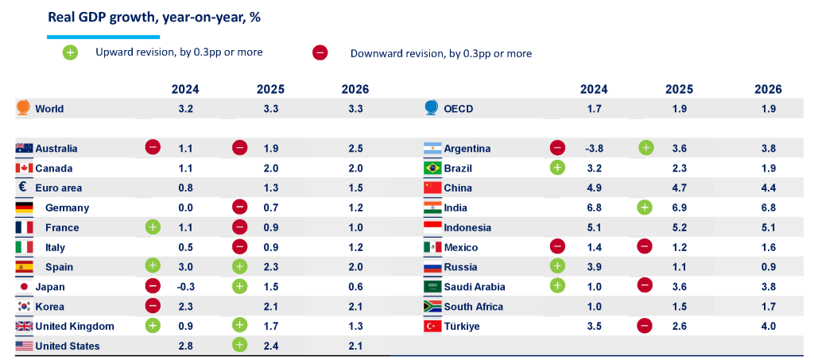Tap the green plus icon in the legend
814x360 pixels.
click(x=71, y=53)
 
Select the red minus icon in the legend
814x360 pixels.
click(x=320, y=53)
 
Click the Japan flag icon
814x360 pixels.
click(x=24, y=287)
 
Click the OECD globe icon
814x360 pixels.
click(x=432, y=108)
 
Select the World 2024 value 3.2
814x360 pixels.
click(x=186, y=109)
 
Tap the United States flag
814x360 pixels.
click(x=24, y=346)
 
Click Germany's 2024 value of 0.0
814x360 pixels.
click(x=186, y=207)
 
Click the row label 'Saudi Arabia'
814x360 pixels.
click(x=475, y=287)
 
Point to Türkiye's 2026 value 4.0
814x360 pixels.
click(x=768, y=327)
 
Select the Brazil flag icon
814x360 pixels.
click(x=432, y=168)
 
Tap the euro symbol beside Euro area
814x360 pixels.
click(x=22, y=188)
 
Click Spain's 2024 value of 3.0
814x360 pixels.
click(x=186, y=267)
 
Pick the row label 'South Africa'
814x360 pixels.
click(x=473, y=307)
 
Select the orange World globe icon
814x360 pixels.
click(x=23, y=108)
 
